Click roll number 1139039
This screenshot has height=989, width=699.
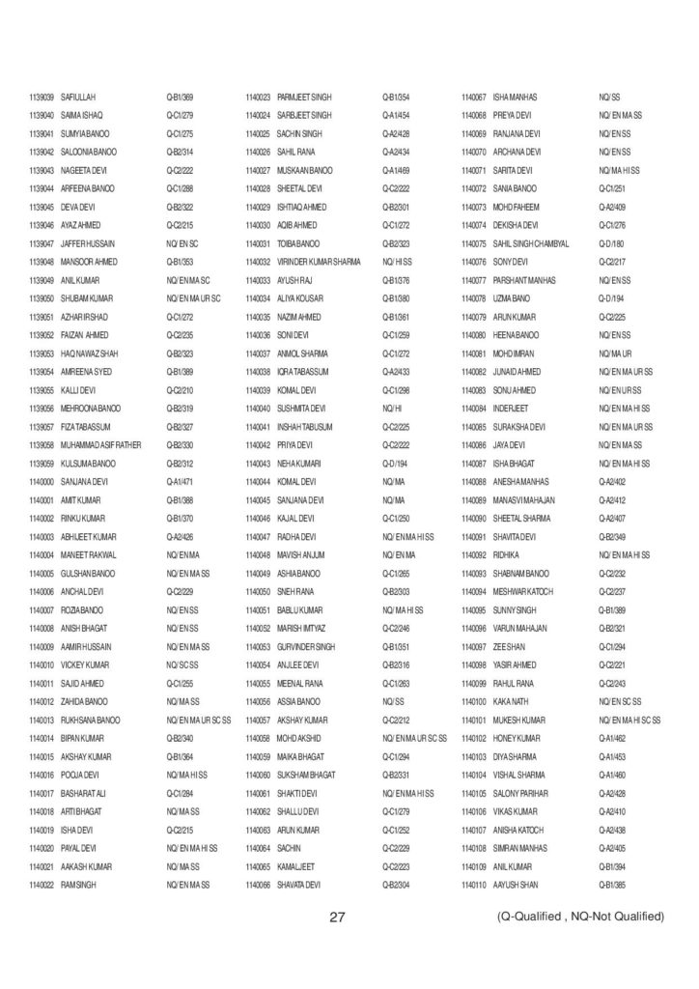click(42, 98)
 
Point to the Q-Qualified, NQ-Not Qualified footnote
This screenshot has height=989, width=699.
click(576, 916)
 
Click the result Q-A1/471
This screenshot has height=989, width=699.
click(181, 481)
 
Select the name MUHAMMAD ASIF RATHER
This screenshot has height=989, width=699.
click(101, 444)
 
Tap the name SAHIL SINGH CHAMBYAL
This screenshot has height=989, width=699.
click(531, 243)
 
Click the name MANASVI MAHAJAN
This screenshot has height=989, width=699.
click(522, 499)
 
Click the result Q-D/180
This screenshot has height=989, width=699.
click(611, 243)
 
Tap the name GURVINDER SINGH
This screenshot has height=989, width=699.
click(306, 646)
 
